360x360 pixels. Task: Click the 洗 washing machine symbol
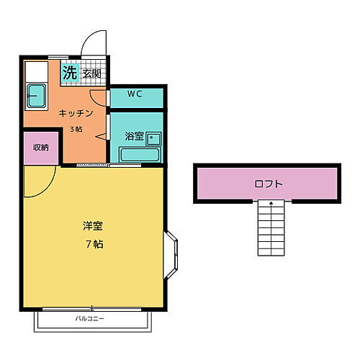70,72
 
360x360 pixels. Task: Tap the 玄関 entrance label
91,73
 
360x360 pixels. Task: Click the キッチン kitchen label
75,114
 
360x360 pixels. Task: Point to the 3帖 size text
75,129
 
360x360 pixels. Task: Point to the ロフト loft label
269,184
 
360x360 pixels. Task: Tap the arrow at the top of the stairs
271,204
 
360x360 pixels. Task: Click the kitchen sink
35,94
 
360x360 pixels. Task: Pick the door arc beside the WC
99,99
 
